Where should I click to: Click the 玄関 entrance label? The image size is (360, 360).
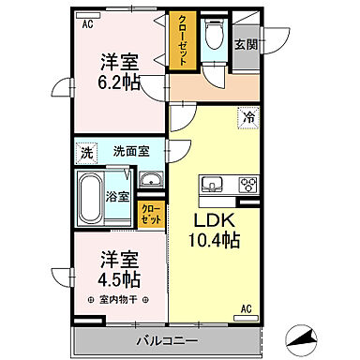(x=245, y=43)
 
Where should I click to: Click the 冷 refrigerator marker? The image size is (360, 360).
(x=248, y=118)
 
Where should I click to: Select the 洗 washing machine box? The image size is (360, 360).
(x=86, y=151)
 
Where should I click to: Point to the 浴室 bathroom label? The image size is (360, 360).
(x=117, y=198)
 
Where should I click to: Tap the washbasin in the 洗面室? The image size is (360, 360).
(x=149, y=180)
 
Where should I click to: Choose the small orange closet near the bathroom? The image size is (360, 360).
(x=148, y=214)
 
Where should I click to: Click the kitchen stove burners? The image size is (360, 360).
(x=248, y=184)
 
